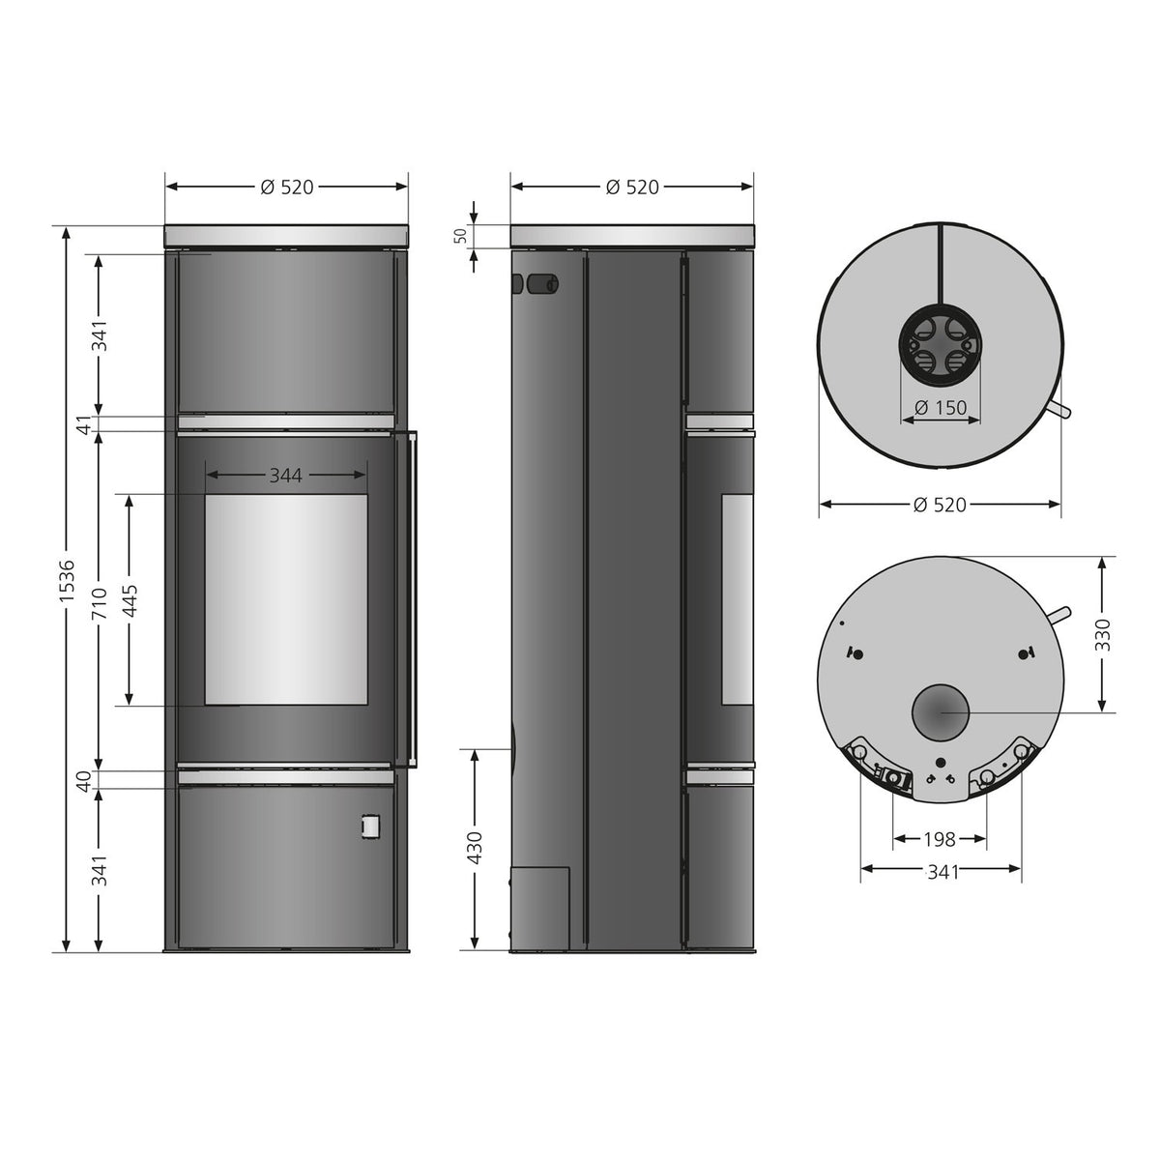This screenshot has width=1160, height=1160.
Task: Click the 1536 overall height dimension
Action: point(67,580)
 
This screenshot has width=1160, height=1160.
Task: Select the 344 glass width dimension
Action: point(285,476)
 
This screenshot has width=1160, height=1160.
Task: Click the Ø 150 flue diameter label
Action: point(941,408)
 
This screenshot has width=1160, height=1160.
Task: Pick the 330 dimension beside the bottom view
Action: point(1102,634)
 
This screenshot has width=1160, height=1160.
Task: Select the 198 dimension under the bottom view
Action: point(940,839)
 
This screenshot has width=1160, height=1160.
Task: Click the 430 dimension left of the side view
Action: point(476,848)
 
